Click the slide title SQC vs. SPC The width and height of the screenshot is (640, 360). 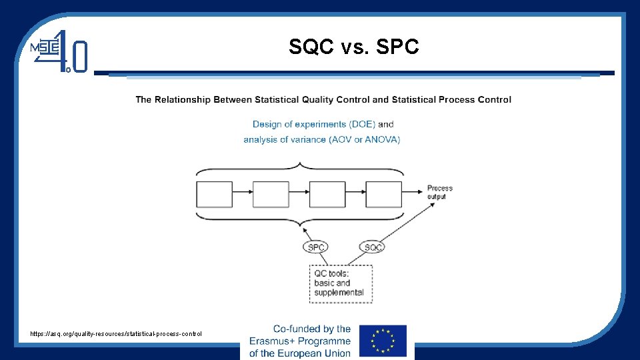(354, 47)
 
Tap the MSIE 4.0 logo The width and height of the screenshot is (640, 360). (61, 52)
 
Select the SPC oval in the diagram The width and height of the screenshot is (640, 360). (316, 247)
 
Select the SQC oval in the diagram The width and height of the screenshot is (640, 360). (373, 247)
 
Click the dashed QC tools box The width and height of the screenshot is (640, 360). (341, 283)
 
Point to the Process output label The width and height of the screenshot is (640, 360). (439, 192)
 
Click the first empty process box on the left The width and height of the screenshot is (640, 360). (214, 194)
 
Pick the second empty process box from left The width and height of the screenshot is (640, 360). (271, 194)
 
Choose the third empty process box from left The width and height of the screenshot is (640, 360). (327, 194)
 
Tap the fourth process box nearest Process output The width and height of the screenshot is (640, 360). (384, 194)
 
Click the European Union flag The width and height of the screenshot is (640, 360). (383, 341)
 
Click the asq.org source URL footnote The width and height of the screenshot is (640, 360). (116, 333)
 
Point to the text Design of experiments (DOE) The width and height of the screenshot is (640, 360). (314, 124)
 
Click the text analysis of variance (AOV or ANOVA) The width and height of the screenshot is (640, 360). (322, 139)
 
